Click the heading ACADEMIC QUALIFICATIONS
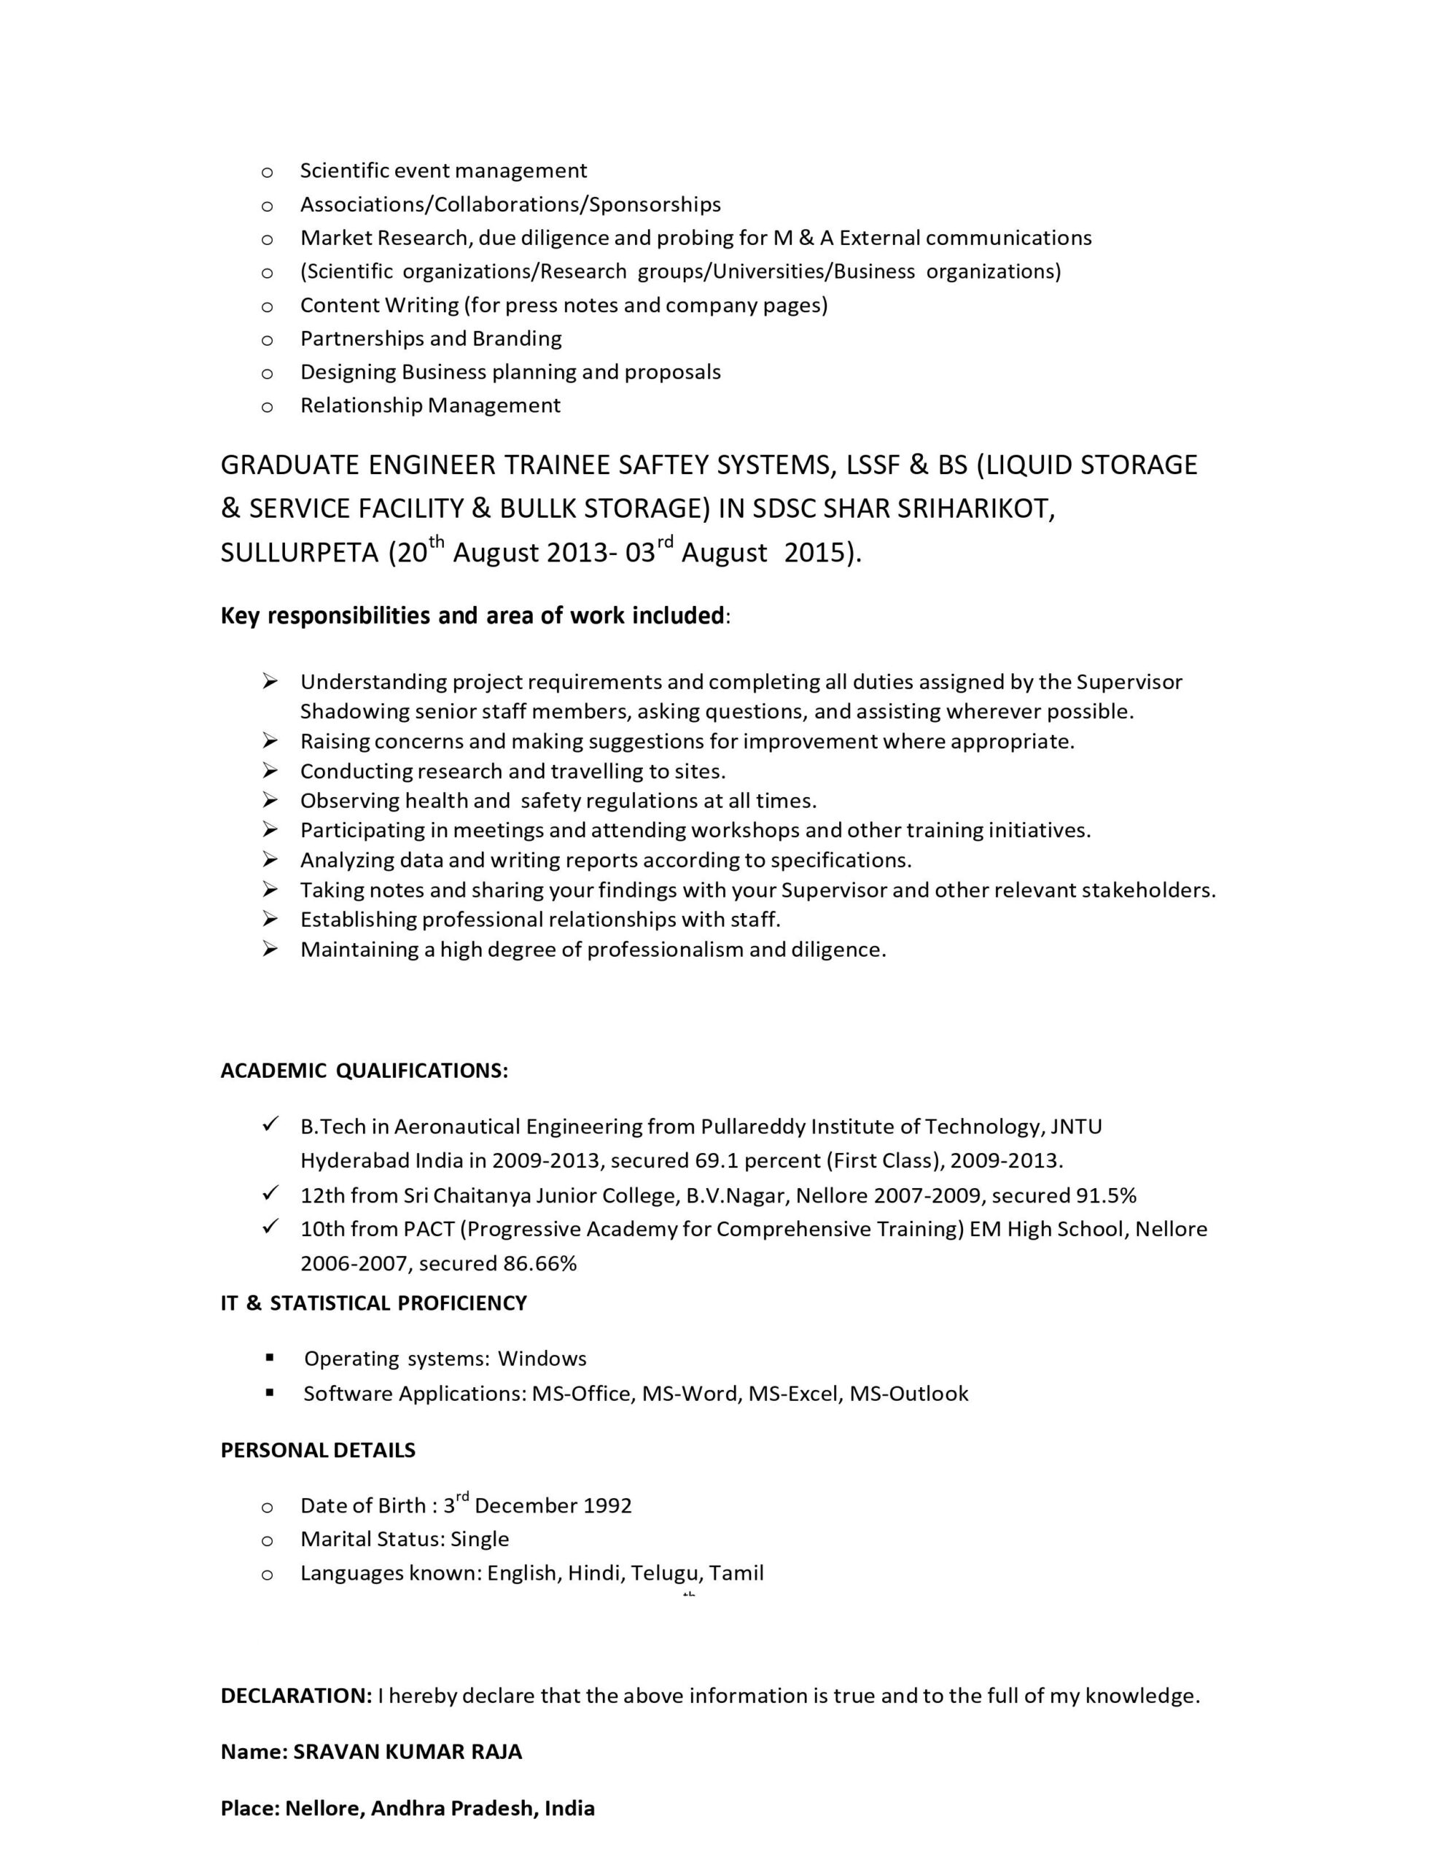pos(364,1071)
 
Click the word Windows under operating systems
pos(542,1359)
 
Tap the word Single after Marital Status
pos(480,1539)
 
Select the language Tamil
pos(736,1573)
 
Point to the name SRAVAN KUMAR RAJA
pos(407,1752)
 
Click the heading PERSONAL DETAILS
pos(318,1450)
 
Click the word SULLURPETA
pos(299,553)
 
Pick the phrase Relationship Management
pos(430,405)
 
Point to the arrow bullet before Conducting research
pos(270,770)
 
